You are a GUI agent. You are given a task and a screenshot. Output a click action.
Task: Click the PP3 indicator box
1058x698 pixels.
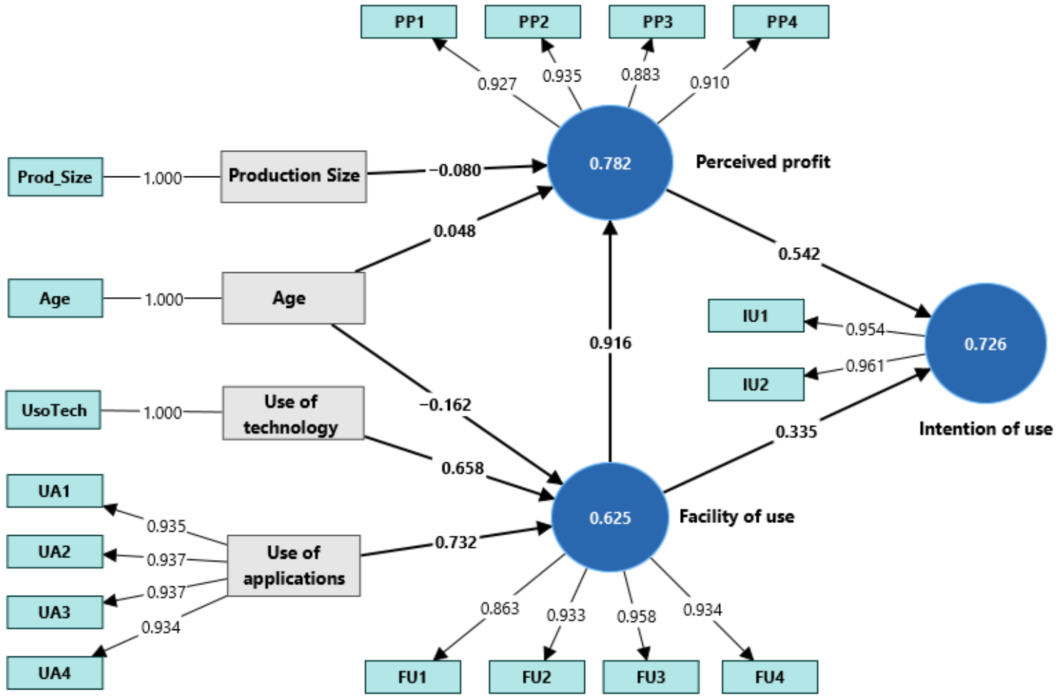coord(657,21)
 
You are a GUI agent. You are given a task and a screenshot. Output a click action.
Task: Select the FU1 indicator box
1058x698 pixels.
coord(413,677)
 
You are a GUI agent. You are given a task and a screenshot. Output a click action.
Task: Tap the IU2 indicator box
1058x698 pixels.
coord(756,384)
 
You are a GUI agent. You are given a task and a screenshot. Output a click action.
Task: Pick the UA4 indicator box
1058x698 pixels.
coord(55,672)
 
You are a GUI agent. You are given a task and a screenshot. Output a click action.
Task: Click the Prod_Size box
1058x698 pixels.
coord(55,176)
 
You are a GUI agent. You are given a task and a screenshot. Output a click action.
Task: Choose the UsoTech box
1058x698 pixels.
coord(54,410)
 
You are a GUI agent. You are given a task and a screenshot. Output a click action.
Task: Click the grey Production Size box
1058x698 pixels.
coord(294,176)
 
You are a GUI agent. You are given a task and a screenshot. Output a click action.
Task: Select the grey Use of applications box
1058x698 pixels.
coord(294,565)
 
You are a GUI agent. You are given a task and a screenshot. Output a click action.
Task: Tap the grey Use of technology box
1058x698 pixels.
coord(294,413)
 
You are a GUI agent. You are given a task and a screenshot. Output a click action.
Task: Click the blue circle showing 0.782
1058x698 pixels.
coord(610,163)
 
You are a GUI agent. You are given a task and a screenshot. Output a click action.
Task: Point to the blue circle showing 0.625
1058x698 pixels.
coord(610,517)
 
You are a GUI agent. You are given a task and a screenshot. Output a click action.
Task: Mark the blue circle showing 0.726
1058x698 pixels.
coord(985,344)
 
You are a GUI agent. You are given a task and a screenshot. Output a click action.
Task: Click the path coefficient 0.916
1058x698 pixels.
coord(610,343)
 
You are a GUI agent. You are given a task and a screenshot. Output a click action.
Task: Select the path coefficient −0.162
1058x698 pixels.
coord(445,405)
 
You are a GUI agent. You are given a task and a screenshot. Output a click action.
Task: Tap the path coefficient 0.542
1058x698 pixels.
coord(799,254)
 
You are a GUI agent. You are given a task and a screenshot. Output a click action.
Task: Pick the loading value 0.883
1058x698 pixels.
coord(641,74)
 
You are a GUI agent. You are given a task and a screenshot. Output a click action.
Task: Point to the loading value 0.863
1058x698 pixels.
coord(500,608)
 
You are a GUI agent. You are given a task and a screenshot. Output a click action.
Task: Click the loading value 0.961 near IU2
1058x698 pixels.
coord(865,366)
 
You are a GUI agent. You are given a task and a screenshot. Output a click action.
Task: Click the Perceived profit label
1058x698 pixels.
coord(763,161)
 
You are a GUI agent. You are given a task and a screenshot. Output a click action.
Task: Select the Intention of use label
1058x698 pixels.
coord(986,429)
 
